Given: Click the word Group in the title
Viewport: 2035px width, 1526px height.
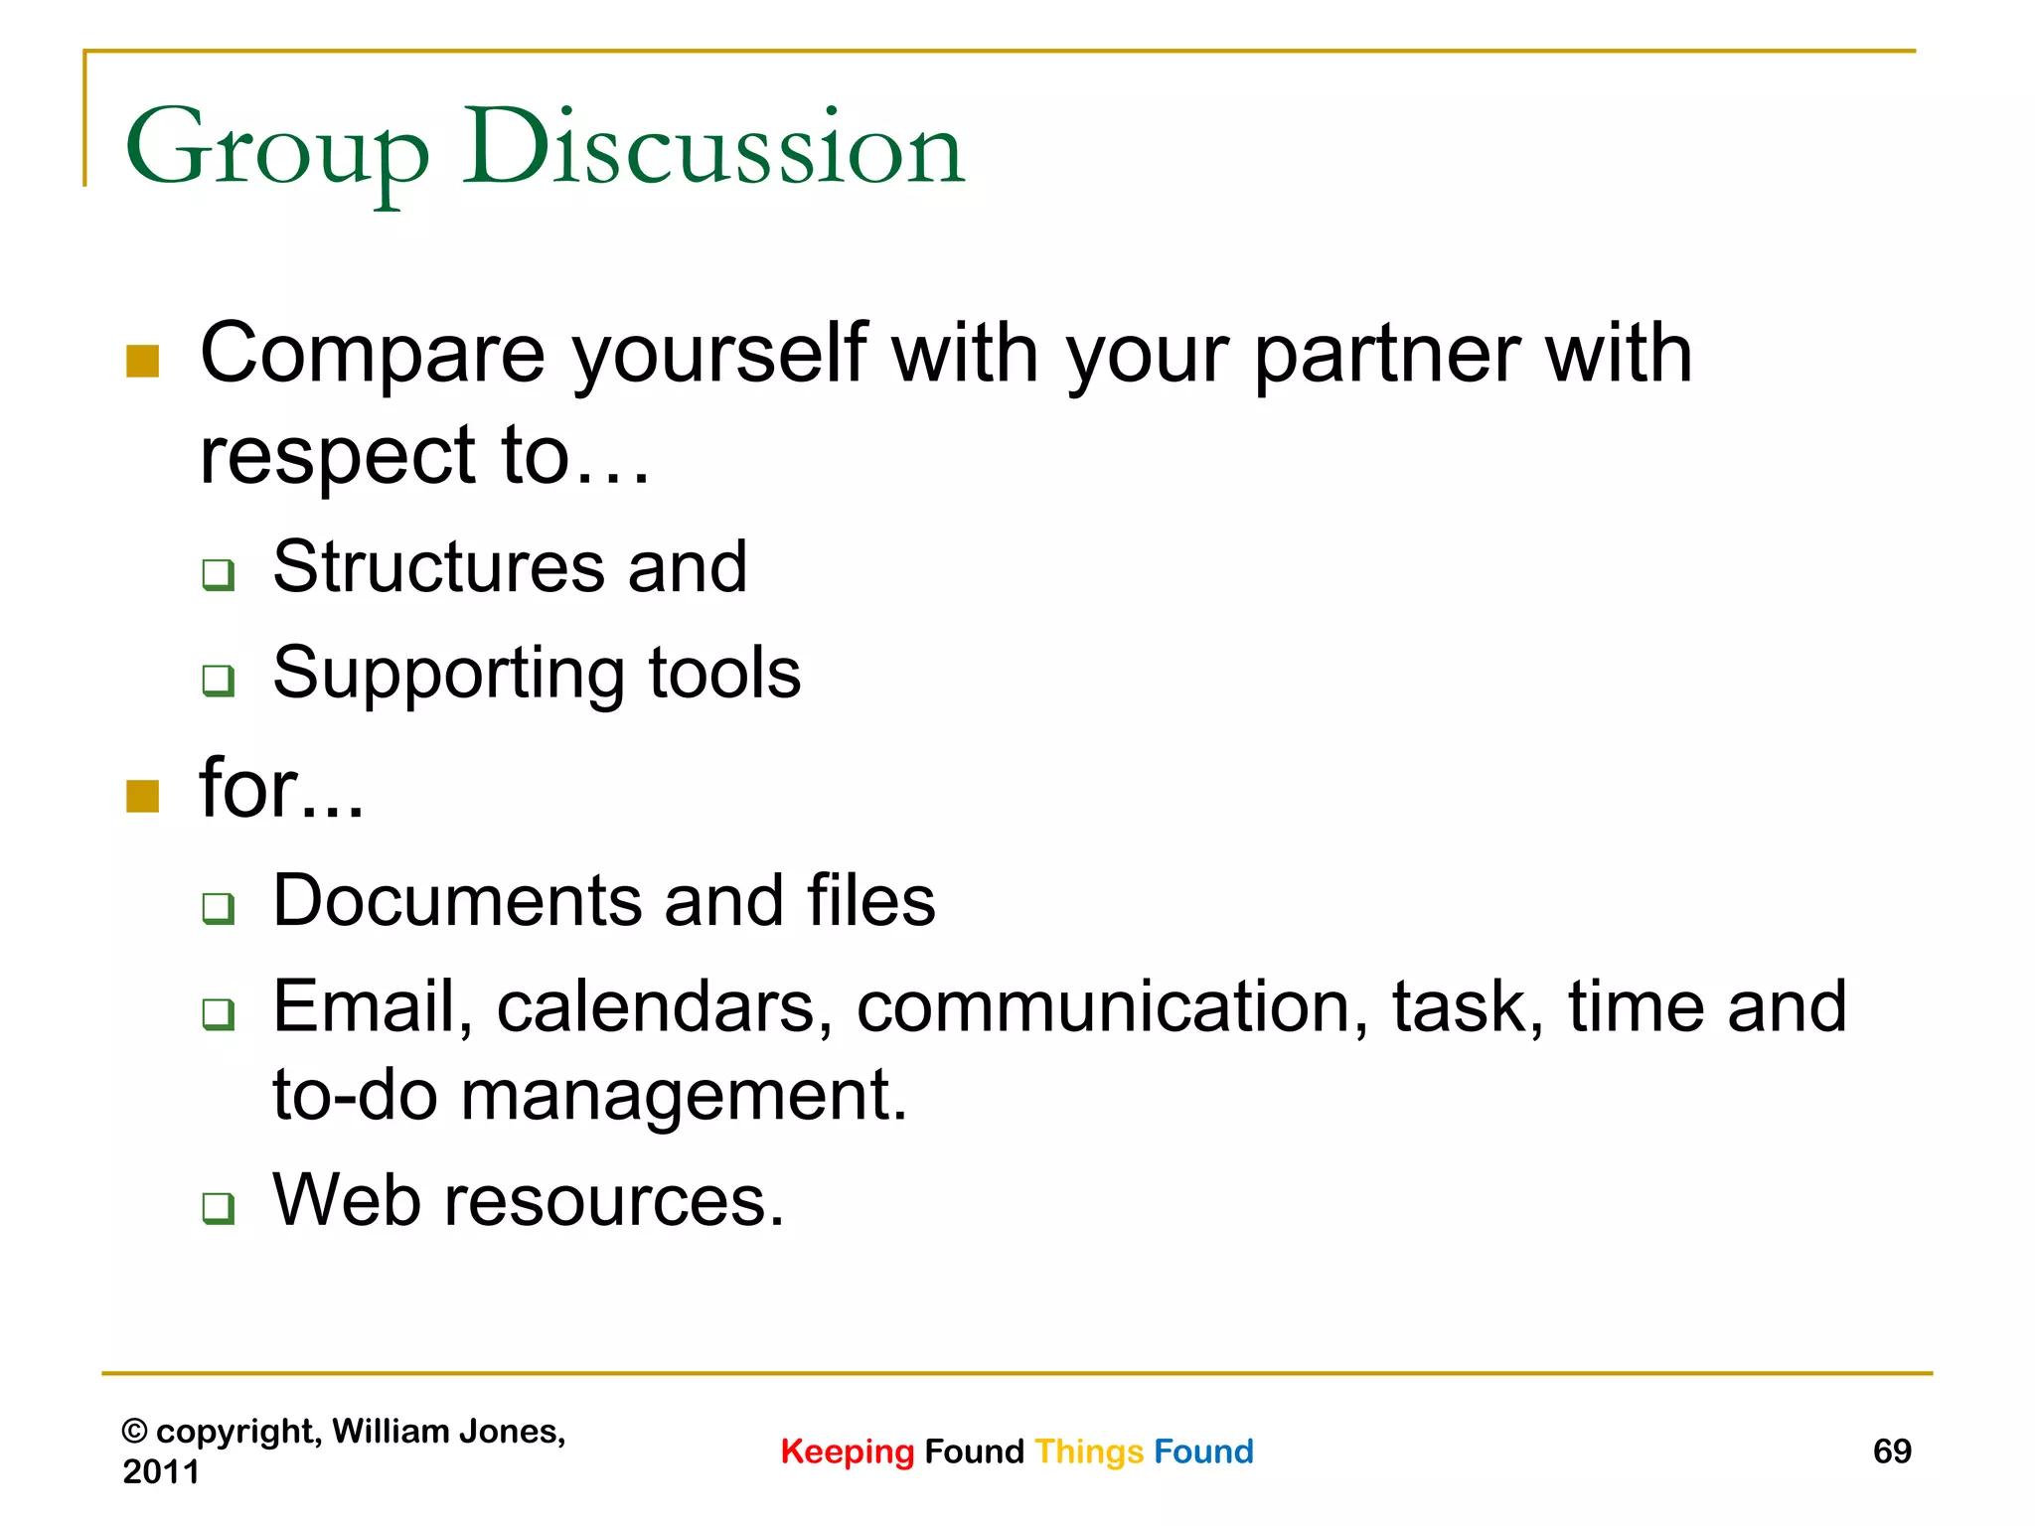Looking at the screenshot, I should pyautogui.click(x=276, y=149).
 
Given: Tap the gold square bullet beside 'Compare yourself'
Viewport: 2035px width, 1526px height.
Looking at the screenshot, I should pyautogui.click(x=143, y=362).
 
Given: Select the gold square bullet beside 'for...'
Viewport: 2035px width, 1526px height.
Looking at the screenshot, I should pyautogui.click(x=143, y=796).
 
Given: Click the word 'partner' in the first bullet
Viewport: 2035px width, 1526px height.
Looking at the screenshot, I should pyautogui.click(x=1386, y=356).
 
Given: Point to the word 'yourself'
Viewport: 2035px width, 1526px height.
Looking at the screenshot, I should pyautogui.click(x=719, y=356).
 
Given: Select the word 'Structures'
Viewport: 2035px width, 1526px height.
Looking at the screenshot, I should pyautogui.click(x=438, y=567).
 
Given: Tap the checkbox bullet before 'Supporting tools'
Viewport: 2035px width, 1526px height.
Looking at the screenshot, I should pyautogui.click(x=218, y=681).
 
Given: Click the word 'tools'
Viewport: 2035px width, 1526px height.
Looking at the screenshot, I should pyautogui.click(x=724, y=674).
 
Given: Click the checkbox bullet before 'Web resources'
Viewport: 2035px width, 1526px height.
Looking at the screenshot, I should pyautogui.click(x=218, y=1207).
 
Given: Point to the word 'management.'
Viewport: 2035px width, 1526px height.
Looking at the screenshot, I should pyautogui.click(x=685, y=1097).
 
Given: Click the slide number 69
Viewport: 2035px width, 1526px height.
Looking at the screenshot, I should pyautogui.click(x=1891, y=1451).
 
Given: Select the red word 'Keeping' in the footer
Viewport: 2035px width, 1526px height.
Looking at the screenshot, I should pyautogui.click(x=847, y=1451).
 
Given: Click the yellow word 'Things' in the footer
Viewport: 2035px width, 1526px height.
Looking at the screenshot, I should pyautogui.click(x=1089, y=1451).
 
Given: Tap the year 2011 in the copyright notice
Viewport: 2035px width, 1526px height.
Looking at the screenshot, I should pyautogui.click(x=161, y=1471).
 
